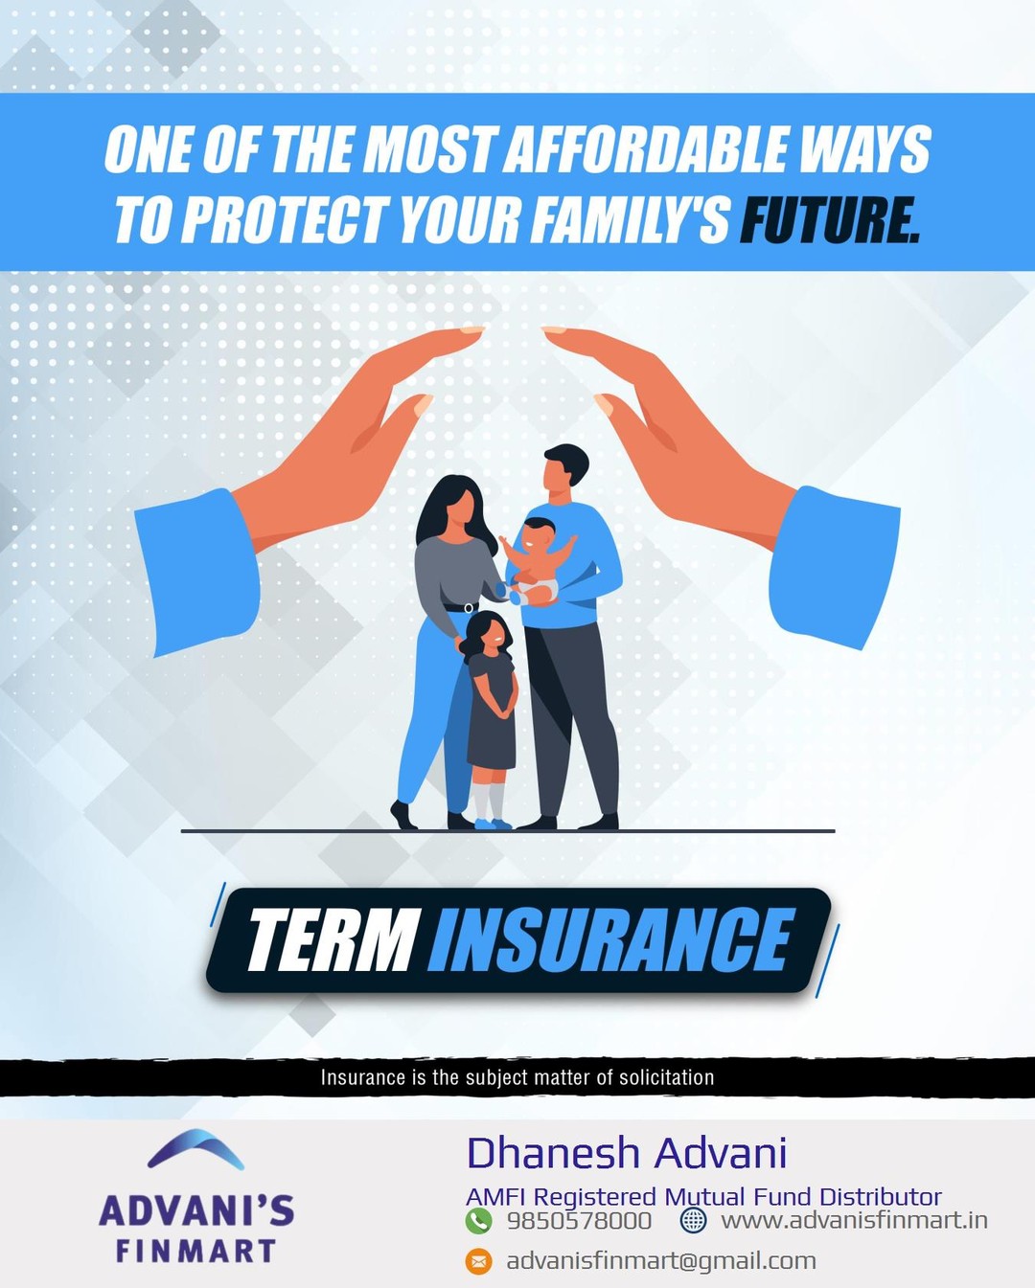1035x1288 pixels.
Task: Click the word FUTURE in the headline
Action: click(x=830, y=220)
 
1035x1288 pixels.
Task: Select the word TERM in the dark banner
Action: click(x=332, y=940)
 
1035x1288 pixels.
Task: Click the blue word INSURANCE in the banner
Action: click(x=610, y=940)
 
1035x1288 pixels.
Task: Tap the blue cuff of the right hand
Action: click(x=834, y=565)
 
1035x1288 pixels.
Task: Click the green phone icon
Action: click(x=478, y=1221)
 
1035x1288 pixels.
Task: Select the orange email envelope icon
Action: click(x=478, y=1261)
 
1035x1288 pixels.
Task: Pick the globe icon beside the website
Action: click(x=693, y=1221)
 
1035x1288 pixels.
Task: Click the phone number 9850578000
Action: click(x=579, y=1221)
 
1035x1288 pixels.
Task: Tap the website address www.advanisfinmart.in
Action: click(x=854, y=1221)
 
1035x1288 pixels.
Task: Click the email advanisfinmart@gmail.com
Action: click(x=661, y=1261)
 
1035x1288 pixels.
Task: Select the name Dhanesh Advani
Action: click(x=627, y=1153)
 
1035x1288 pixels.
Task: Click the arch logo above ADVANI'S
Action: click(x=196, y=1149)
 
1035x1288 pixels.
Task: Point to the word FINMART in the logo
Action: click(x=196, y=1251)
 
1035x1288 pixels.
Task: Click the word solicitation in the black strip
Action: click(x=666, y=1077)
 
